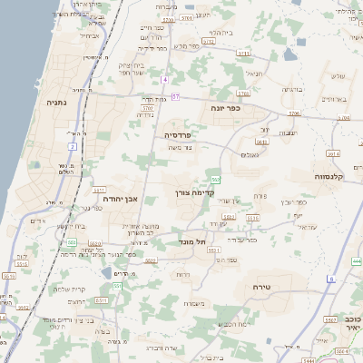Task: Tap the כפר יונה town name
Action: tap(222, 108)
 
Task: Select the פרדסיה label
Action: tap(182, 134)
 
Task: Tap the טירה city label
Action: tap(267, 287)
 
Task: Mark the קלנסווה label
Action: tap(334, 176)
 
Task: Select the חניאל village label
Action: tap(253, 74)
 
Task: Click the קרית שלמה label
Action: tap(55, 289)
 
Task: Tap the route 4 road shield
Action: tap(165, 80)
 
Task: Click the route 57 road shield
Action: tap(176, 96)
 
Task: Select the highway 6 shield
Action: tap(332, 278)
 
